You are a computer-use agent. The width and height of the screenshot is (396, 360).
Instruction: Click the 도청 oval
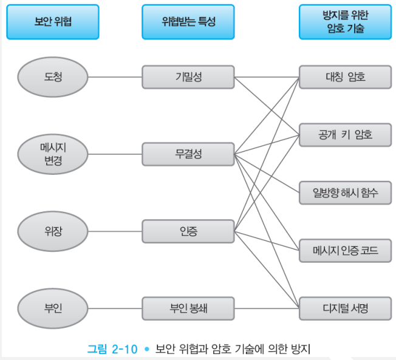point(53,77)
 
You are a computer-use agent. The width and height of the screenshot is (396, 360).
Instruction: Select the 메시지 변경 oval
point(53,154)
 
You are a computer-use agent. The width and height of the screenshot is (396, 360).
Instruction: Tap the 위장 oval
point(53,231)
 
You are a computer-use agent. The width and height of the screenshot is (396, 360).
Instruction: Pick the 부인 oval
point(53,308)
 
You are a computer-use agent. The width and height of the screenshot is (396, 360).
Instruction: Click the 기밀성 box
point(188,77)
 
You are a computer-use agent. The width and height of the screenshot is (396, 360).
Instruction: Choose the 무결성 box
point(188,154)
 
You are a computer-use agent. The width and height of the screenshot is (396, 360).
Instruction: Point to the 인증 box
point(188,231)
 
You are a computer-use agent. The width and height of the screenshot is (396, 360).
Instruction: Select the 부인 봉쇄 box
point(188,308)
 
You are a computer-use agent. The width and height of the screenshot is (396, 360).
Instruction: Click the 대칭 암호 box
point(345,77)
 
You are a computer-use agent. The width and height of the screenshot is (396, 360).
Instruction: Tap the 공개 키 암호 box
point(345,135)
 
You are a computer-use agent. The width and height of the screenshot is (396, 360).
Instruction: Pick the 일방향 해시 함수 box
point(345,192)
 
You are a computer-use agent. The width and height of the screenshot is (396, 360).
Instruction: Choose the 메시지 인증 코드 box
point(345,250)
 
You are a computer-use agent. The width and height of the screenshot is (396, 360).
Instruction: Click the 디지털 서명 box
point(345,308)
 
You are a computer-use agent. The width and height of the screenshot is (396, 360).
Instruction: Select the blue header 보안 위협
point(53,22)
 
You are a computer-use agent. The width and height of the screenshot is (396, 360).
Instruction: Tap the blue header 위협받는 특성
point(188,22)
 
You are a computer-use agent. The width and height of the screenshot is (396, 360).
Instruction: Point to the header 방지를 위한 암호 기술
point(345,22)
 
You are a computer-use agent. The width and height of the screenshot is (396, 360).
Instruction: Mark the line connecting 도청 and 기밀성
point(115,77)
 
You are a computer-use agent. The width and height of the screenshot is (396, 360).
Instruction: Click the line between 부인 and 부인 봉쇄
point(115,308)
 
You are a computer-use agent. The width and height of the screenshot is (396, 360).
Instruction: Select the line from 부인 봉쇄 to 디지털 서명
point(267,308)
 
